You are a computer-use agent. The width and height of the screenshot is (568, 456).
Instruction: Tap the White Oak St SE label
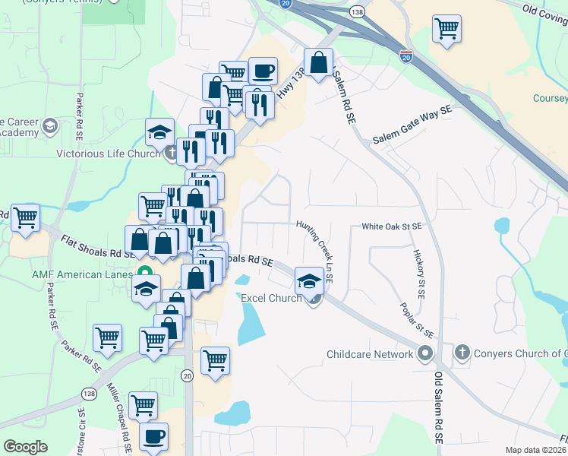(391, 226)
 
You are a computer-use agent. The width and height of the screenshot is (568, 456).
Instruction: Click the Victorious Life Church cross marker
(172, 153)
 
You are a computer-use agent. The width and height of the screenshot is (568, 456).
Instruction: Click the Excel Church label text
(271, 298)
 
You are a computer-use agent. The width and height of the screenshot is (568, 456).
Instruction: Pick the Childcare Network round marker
(425, 353)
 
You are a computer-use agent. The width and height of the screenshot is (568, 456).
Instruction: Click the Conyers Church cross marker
(462, 353)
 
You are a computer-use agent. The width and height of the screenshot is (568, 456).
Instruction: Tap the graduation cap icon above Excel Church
(309, 281)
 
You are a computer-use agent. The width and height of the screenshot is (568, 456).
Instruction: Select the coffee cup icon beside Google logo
(154, 437)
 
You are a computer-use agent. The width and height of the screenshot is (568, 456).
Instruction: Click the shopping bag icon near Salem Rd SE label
(320, 62)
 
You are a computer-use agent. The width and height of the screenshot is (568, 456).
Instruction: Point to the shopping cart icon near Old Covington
(447, 30)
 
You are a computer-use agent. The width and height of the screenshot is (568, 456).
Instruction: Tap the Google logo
(26, 447)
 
